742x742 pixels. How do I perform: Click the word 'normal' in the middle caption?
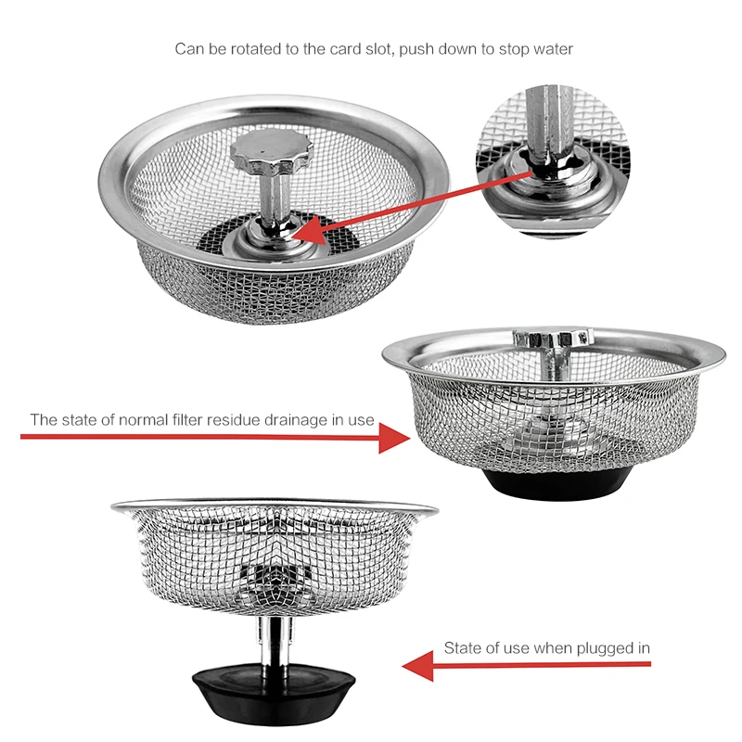tap(134, 419)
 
